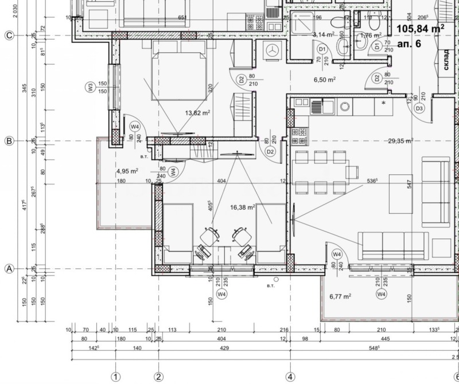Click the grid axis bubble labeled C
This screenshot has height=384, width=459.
[x=9, y=35]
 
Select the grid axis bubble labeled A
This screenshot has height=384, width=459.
[x=9, y=268]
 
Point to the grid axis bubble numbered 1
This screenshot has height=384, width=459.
[x=115, y=377]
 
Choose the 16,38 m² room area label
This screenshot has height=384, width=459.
[x=242, y=208]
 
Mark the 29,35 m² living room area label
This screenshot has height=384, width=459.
[x=400, y=140]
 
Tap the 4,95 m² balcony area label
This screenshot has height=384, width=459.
[x=127, y=171]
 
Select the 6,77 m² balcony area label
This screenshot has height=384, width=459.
[x=340, y=296]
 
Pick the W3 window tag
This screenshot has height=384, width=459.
[x=90, y=88]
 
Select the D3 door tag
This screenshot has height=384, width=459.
[x=419, y=108]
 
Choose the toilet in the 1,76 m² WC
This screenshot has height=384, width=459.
[x=374, y=23]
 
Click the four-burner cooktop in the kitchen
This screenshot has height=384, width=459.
[x=299, y=136]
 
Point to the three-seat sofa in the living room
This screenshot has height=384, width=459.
[x=390, y=245]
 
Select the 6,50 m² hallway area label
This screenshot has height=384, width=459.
[x=324, y=80]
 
